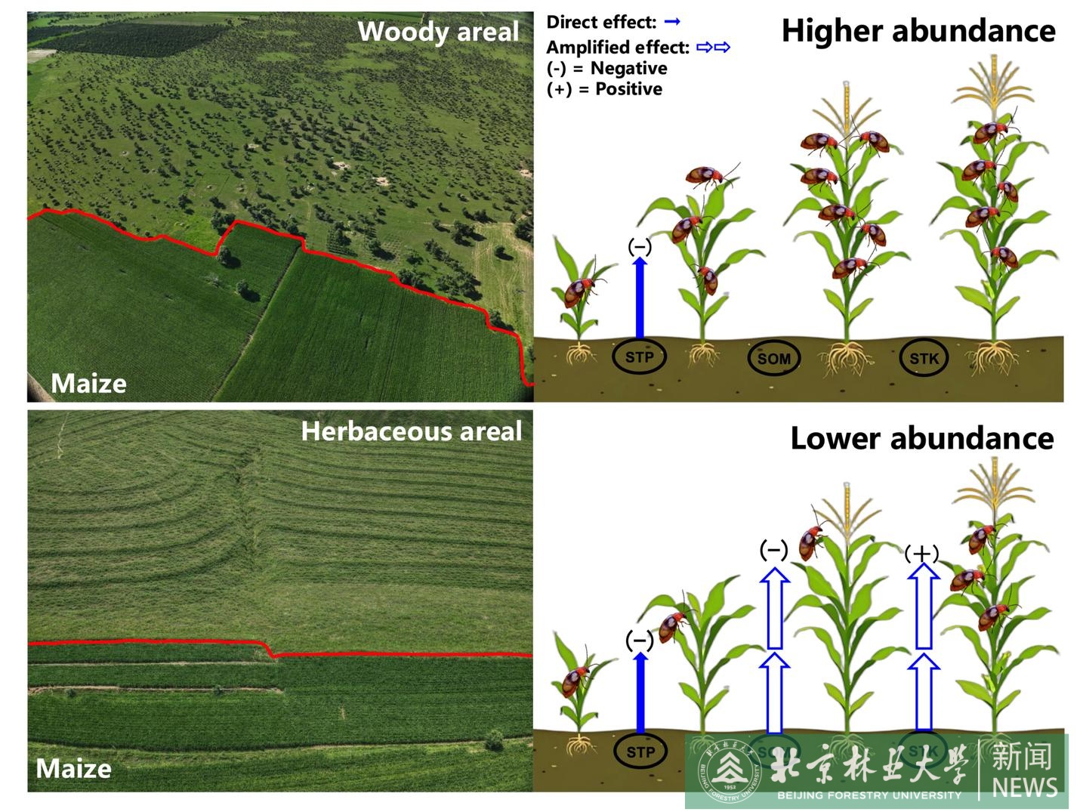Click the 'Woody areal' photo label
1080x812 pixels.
tap(438, 32)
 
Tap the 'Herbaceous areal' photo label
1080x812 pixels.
tap(412, 431)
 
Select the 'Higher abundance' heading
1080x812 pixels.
tap(918, 31)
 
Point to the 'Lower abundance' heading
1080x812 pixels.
tap(921, 438)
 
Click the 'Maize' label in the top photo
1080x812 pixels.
tap(88, 384)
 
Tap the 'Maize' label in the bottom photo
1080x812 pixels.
tap(74, 769)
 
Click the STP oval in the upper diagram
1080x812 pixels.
tap(639, 357)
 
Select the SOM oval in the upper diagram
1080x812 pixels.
tap(773, 359)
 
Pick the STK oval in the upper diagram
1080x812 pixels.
tap(924, 359)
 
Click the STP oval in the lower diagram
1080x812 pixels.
tap(640, 752)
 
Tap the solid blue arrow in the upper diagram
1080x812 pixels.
tap(640, 298)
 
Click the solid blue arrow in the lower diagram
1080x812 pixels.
tap(640, 693)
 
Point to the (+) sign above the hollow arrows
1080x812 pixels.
tap(921, 554)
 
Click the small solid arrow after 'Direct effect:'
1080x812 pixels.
tap(672, 22)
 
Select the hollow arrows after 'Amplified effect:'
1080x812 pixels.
tap(714, 48)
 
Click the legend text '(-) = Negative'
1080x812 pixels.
tap(606, 68)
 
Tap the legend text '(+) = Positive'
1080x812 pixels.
tap(604, 89)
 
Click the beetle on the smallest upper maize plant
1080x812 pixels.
tap(580, 291)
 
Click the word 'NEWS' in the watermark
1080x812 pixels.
tap(1024, 787)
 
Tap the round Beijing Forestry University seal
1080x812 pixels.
tap(727, 770)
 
